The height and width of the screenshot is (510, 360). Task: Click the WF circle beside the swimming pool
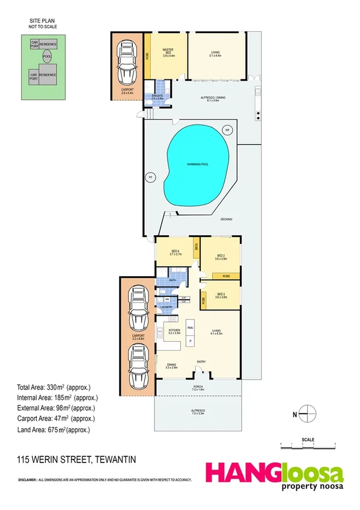[x=227, y=130]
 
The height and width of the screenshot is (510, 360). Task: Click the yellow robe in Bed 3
[x=204, y=300]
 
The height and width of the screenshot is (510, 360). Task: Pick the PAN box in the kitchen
[x=190, y=327]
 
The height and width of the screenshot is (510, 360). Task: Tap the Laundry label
[x=166, y=307]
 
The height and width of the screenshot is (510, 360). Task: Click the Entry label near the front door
[x=201, y=361]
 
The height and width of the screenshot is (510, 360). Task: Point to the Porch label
[x=197, y=388]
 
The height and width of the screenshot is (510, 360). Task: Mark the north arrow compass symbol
[x=307, y=413]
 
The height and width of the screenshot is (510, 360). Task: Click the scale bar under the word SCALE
[x=307, y=445]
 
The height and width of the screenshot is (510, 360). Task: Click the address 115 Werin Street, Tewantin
[x=77, y=460]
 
